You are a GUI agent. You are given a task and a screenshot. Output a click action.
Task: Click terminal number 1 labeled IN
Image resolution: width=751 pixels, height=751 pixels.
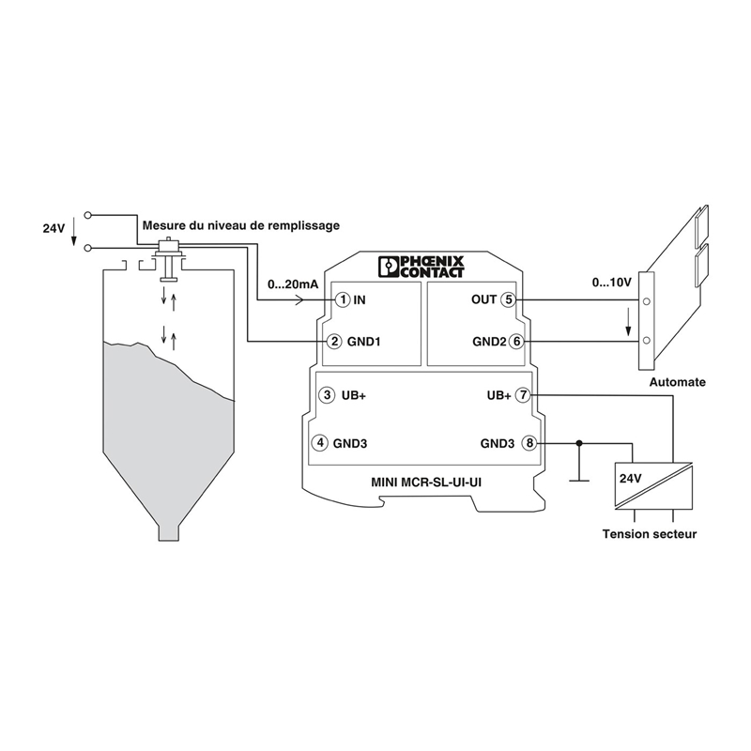(x=343, y=300)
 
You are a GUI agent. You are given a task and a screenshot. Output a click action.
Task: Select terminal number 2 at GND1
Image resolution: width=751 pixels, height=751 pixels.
(x=334, y=342)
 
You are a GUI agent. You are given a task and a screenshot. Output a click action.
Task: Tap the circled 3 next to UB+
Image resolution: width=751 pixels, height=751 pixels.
(x=327, y=395)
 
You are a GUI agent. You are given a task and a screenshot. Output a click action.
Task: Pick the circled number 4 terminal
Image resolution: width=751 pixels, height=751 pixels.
(x=320, y=443)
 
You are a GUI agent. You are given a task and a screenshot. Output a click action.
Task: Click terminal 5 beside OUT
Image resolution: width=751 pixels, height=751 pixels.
(x=508, y=299)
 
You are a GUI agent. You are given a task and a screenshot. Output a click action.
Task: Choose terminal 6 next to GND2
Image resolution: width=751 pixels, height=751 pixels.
(x=515, y=342)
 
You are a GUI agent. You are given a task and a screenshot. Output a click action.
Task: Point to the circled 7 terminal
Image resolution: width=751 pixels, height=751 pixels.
(x=522, y=395)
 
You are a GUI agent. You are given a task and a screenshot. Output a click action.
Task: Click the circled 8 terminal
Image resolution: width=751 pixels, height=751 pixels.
(x=529, y=443)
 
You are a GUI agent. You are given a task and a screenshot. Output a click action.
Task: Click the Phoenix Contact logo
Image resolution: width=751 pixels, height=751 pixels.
(x=421, y=267)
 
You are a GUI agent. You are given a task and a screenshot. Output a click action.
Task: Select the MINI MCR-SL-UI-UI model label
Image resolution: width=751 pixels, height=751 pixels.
(x=426, y=483)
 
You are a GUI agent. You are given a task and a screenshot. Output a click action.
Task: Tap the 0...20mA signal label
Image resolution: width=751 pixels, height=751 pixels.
(x=293, y=284)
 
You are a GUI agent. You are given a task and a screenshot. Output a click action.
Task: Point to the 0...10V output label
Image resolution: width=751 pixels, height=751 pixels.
(x=612, y=283)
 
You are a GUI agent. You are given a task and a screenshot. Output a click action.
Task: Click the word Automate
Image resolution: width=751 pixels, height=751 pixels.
(x=677, y=382)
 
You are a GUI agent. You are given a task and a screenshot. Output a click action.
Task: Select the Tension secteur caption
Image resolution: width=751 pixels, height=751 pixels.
(x=650, y=534)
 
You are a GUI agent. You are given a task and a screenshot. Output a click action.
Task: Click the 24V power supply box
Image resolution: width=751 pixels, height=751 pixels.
(x=653, y=486)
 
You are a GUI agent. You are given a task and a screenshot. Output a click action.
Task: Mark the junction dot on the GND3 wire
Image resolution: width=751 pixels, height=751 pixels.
(x=579, y=443)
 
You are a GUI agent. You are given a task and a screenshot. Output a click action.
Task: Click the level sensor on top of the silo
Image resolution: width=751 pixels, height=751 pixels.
(x=168, y=259)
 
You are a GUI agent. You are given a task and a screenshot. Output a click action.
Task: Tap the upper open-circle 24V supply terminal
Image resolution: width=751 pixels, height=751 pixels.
(x=87, y=216)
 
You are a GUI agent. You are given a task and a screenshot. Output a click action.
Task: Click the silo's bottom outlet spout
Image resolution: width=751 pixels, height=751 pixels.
(x=169, y=533)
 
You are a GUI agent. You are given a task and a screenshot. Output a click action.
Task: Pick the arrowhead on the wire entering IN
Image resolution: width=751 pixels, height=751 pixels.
(x=299, y=300)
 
